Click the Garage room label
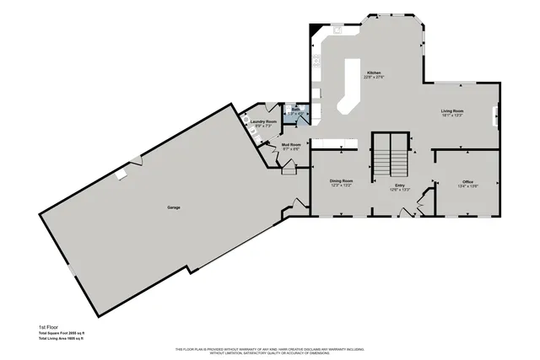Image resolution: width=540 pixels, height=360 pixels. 173,207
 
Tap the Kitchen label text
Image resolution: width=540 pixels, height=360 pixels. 373,73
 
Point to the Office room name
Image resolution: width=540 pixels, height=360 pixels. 467,182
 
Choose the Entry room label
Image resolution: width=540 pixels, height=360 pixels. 399,185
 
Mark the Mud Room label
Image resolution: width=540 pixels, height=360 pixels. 291,144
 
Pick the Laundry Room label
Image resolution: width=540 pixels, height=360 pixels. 264,121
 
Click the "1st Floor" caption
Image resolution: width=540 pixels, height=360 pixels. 49,326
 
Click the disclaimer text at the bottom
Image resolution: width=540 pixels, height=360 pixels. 269,350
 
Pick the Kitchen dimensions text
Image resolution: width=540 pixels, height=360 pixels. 373,78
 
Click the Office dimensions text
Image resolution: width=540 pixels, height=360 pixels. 467,187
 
